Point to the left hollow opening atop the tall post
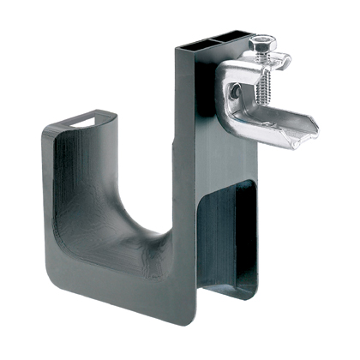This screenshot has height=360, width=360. (x=194, y=41)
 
